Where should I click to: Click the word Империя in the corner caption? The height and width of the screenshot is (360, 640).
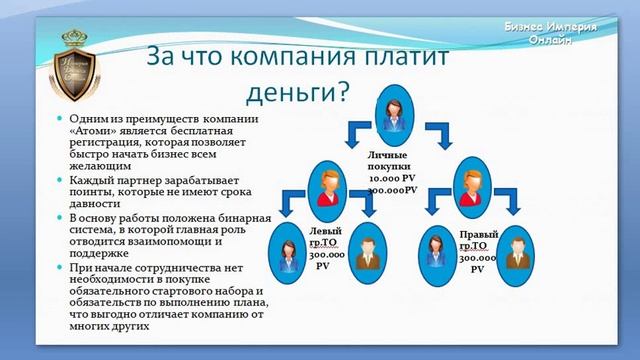(x=569, y=26)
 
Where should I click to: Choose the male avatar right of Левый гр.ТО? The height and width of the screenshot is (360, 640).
(x=368, y=251)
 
